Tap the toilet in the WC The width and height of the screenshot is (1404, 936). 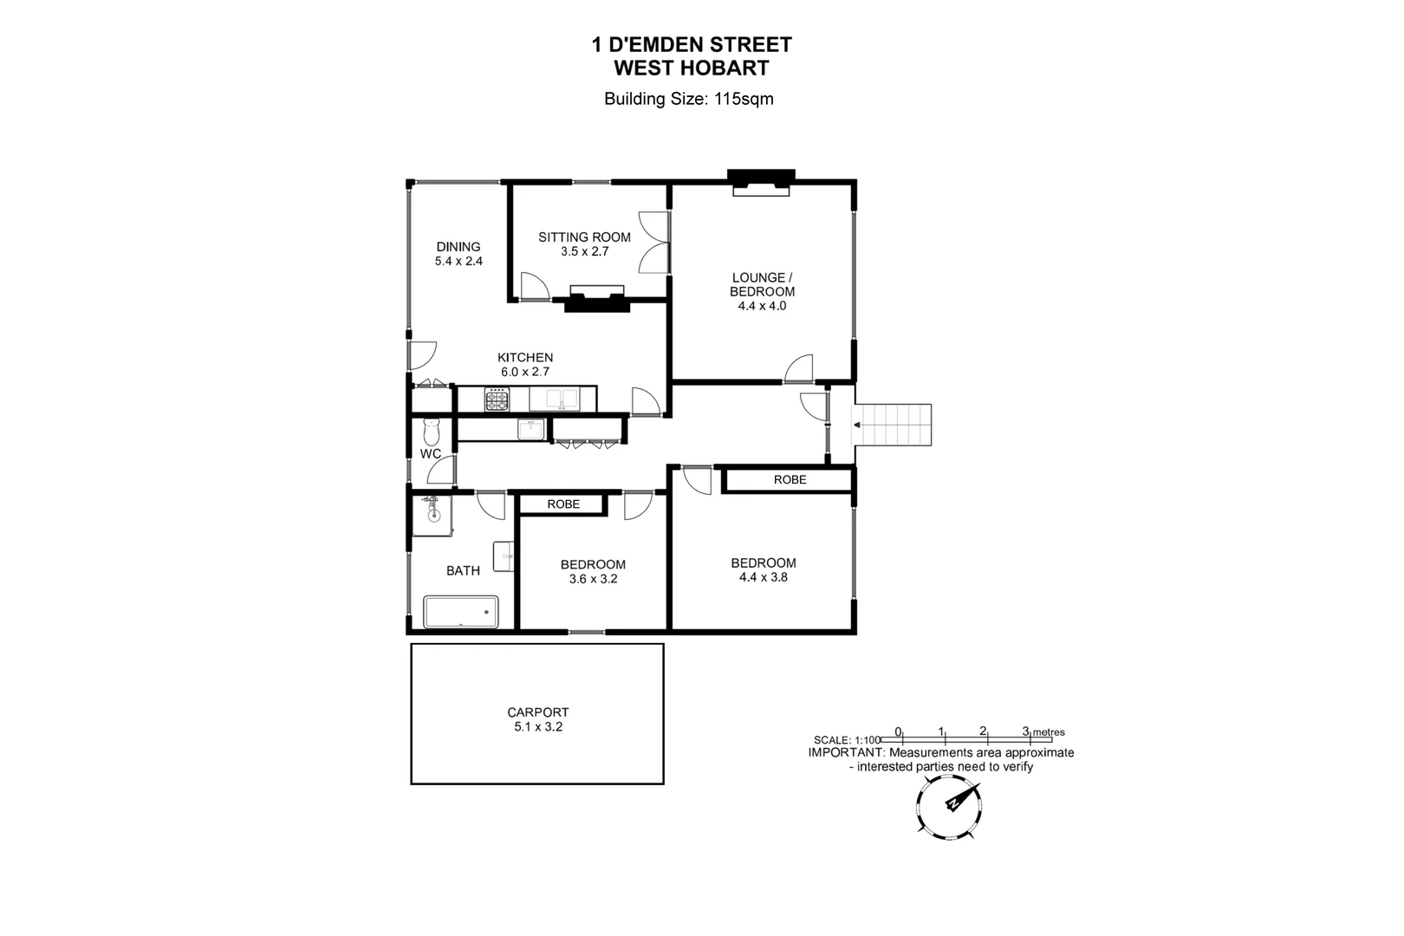point(431,432)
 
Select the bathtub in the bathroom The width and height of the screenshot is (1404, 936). point(460,612)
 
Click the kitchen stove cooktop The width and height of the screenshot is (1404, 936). point(497,400)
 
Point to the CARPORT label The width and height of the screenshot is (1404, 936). point(537,712)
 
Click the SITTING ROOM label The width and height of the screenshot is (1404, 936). point(584,237)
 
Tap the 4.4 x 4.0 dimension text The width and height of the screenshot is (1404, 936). point(762,306)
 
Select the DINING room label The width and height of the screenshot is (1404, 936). point(458,247)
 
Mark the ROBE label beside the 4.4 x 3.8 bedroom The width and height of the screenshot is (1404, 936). point(790,479)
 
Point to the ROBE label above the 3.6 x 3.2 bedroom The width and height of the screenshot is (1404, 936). point(563,504)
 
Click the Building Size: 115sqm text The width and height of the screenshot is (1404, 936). point(688,99)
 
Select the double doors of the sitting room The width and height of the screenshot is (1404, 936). point(655,242)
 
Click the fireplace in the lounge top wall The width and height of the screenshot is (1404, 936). point(760,183)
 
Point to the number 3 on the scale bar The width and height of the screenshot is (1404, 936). point(1025,731)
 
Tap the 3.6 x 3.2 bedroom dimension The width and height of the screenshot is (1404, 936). point(593,579)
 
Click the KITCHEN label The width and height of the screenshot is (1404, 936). point(524,357)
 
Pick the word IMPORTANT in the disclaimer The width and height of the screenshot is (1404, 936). point(845,753)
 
